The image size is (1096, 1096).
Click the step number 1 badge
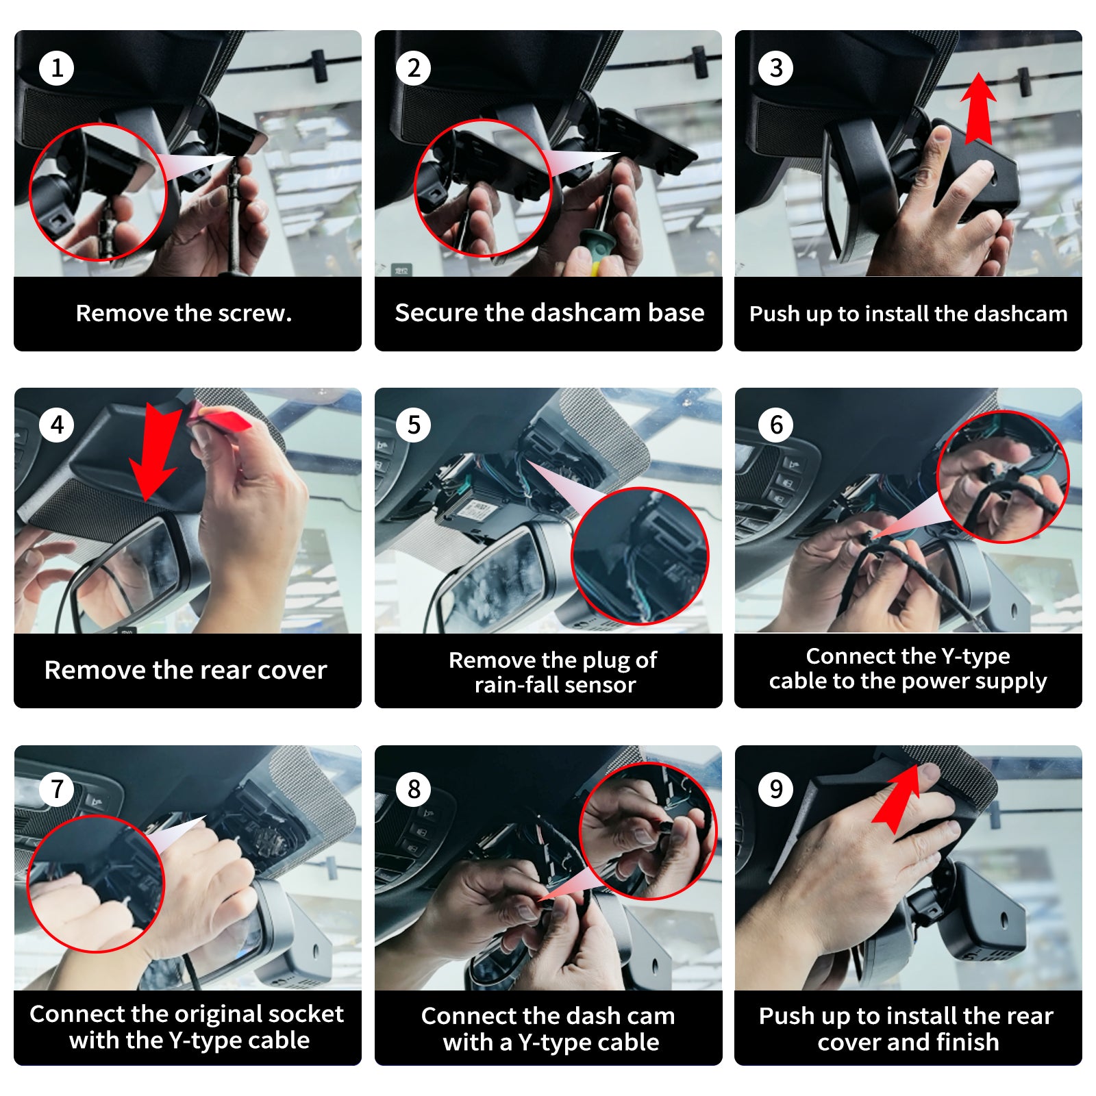pos(57,68)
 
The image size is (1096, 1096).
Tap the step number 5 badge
pos(414,425)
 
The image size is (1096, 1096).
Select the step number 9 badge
pos(776,789)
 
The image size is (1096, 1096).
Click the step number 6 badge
pos(776,425)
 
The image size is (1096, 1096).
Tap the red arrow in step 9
pos(897,798)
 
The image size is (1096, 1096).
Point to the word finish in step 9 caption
pos(968,1042)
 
